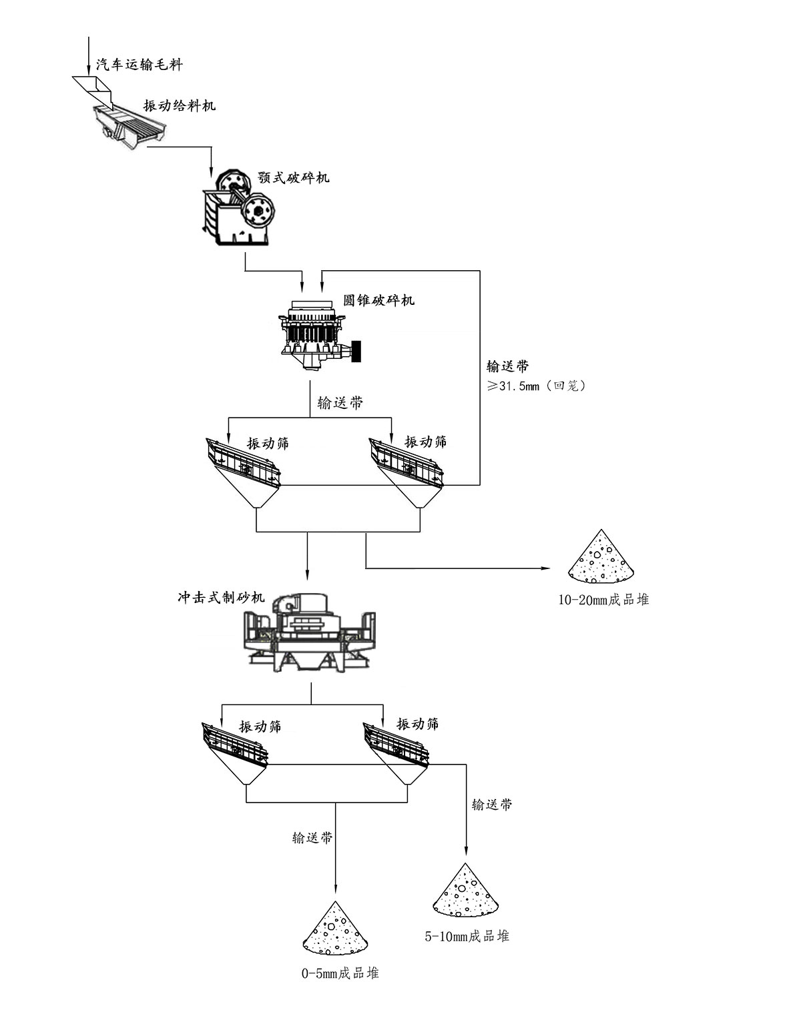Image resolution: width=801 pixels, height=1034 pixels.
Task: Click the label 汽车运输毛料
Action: point(139,65)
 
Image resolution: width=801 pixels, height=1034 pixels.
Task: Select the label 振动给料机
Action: point(180,105)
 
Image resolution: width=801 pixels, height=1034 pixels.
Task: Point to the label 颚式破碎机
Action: point(294,177)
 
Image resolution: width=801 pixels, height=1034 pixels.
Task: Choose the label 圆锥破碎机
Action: point(378,300)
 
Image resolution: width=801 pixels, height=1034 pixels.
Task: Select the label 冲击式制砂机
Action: point(221,598)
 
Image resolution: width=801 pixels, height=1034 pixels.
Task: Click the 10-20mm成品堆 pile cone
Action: point(601,556)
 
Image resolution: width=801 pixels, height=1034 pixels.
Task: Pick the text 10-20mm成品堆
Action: point(603,600)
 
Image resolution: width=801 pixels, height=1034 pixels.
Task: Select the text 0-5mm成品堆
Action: point(340,973)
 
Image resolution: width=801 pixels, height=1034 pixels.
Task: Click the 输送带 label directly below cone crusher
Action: point(340,403)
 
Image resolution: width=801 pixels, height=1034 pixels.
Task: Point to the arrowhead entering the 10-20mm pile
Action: point(545,568)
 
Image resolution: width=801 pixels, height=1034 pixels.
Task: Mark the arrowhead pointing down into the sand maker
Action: point(308,574)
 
